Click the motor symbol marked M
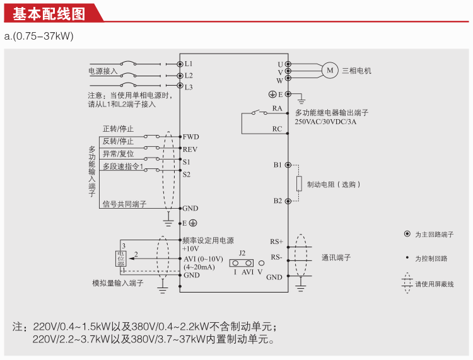tap(330, 71)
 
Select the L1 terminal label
tap(189, 64)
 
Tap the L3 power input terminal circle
tap(180, 85)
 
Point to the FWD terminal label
tap(190, 137)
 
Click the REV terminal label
tap(190, 149)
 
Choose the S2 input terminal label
tap(187, 175)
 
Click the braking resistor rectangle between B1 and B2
tap(299, 183)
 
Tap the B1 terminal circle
tap(288, 165)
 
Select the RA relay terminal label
tap(277, 108)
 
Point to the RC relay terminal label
tap(277, 129)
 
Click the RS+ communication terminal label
tap(277, 241)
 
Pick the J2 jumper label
tap(242, 253)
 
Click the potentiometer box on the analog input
tap(121, 258)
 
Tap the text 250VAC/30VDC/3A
tap(325, 122)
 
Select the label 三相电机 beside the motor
tap(356, 71)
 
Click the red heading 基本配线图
tap(49, 14)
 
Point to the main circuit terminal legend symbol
tap(407, 234)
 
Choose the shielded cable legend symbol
tap(407, 283)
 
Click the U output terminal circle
tap(288, 64)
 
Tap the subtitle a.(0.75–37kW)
tap(39, 36)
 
